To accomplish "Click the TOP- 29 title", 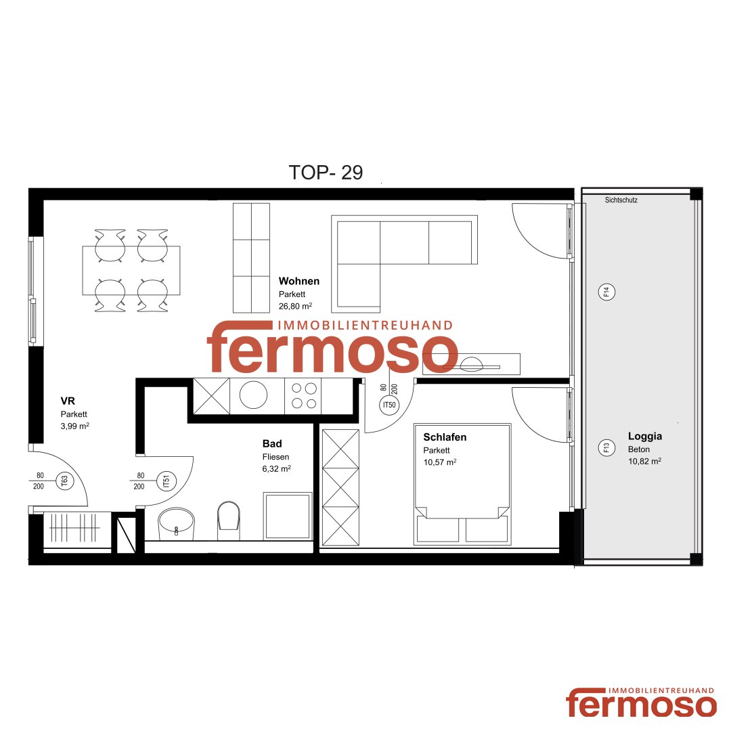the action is pos(326,173).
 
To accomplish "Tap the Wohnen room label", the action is pos(299,281).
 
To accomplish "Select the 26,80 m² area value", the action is pos(295,307).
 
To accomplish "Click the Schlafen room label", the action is pos(445,437).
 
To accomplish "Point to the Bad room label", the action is pos(272,444).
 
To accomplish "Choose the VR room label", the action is pos(68,401).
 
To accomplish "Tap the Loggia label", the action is pos(645,437).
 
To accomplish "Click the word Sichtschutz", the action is pos(621,200).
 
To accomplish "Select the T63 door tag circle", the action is pos(64,481).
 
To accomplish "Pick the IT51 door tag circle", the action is pos(167,481).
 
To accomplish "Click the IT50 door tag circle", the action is pos(389,405).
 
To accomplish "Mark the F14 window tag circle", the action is pos(606,292).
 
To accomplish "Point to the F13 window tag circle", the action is pos(606,448).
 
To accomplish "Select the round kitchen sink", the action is pos(253,395).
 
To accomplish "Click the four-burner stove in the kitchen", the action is pos(303,396).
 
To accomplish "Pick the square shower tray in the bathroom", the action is pos(288,516).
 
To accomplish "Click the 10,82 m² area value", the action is pos(644,462).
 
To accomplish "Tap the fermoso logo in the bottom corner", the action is pos(641,702).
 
